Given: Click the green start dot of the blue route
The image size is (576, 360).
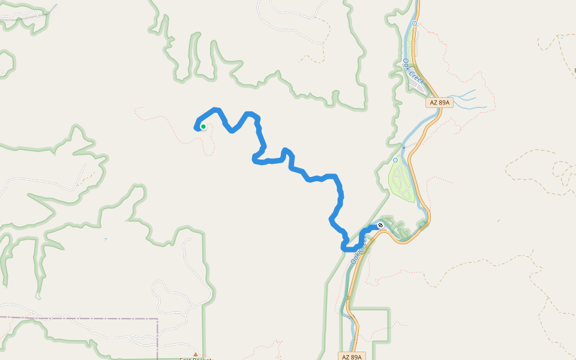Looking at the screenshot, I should [x=203, y=126].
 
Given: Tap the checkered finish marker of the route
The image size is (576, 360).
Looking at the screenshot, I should [x=380, y=226].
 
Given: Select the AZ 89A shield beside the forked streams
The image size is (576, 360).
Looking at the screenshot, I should [x=439, y=103].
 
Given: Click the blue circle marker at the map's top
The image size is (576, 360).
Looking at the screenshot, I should [x=414, y=23].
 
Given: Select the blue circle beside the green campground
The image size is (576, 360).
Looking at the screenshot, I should [x=395, y=160].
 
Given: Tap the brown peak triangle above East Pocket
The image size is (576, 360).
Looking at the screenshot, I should [x=195, y=354].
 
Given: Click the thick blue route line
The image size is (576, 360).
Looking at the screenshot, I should [x=312, y=178].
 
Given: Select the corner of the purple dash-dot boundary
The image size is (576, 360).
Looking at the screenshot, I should [x=157, y=319].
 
